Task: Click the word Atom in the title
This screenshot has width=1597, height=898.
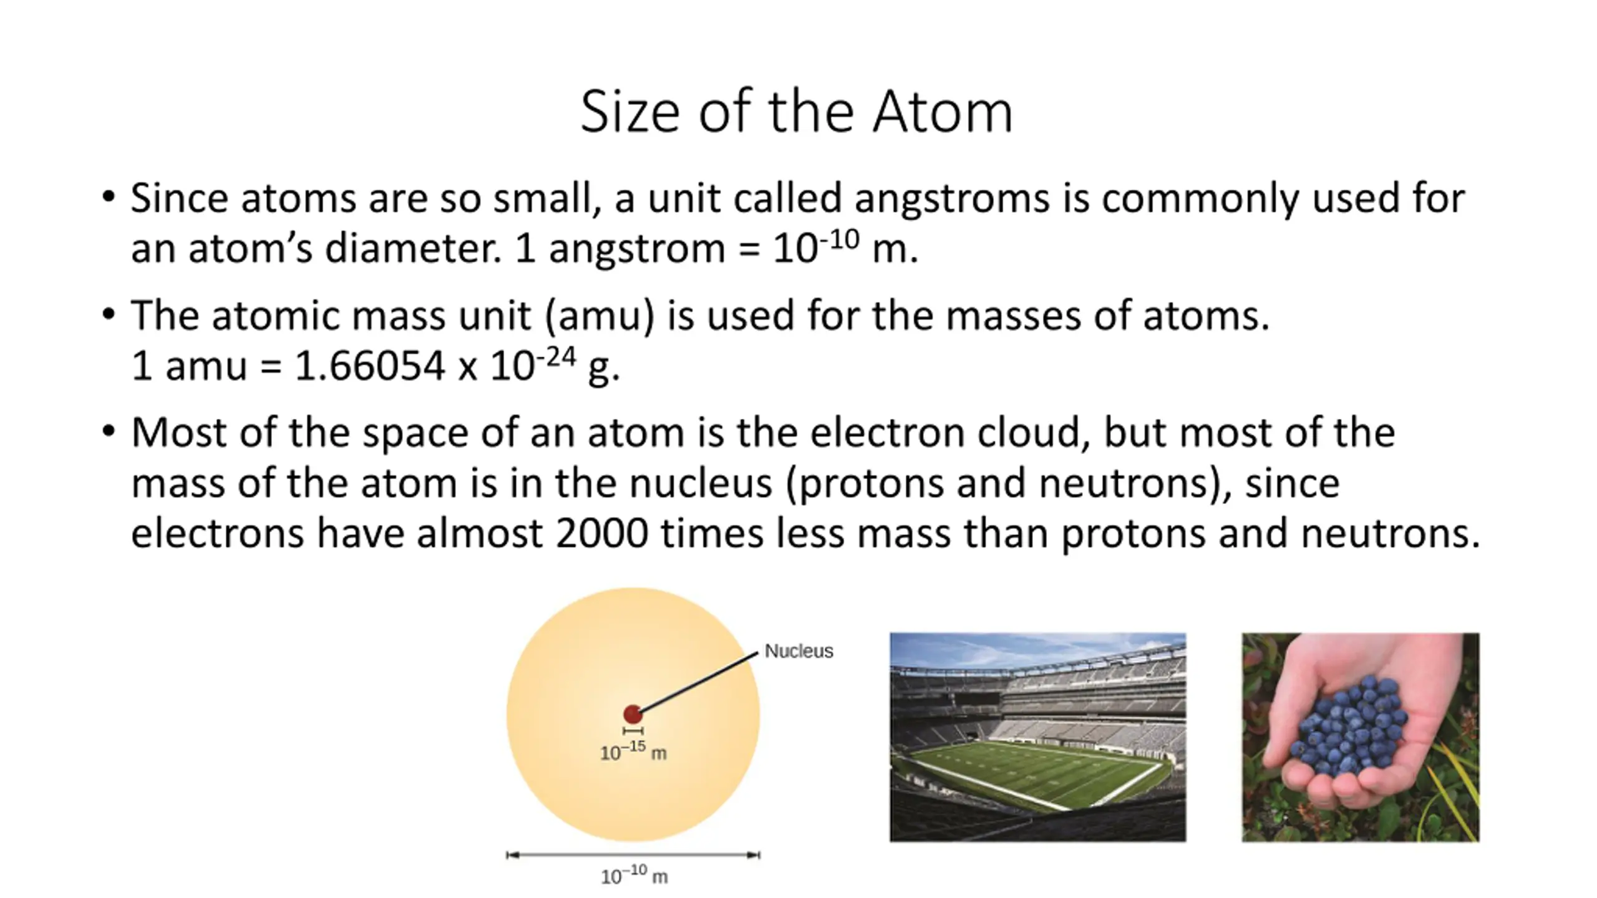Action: tap(942, 112)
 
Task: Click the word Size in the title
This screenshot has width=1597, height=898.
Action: tap(630, 112)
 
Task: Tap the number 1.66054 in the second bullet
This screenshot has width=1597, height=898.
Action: tap(369, 365)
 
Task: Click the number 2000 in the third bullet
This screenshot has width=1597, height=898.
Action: tap(601, 534)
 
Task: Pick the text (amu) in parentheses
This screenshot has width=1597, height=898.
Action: tap(600, 316)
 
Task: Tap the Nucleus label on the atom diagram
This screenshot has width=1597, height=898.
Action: tap(798, 651)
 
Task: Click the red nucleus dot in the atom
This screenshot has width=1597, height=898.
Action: tap(633, 715)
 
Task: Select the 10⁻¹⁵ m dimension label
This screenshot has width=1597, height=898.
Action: tap(633, 751)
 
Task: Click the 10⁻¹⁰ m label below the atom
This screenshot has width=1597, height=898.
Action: tap(634, 876)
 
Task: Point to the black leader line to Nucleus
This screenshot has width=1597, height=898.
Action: tap(699, 682)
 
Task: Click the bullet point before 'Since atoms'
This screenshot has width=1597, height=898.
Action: tap(109, 198)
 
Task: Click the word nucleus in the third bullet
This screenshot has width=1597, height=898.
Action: tap(701, 484)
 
